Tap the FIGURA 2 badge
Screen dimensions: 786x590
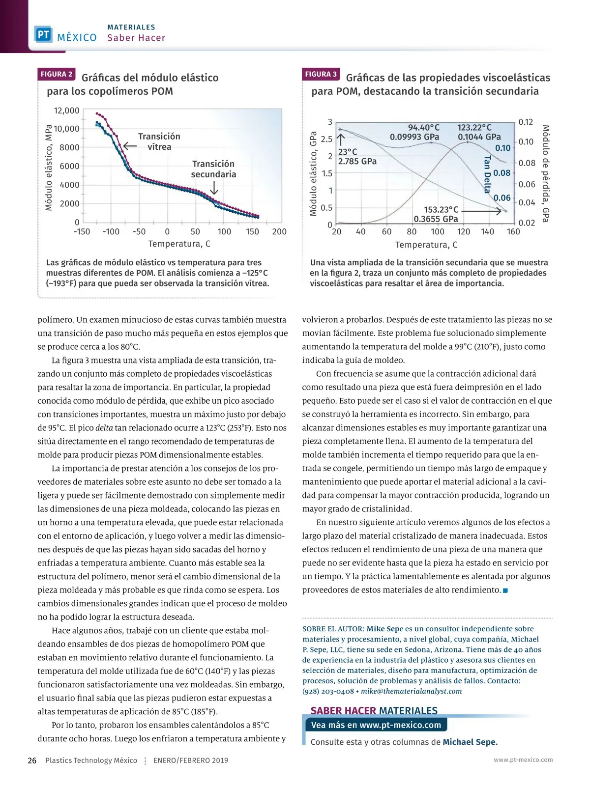click(x=57, y=74)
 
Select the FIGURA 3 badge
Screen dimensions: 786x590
click(x=321, y=74)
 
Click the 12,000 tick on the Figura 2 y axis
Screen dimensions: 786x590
click(x=66, y=111)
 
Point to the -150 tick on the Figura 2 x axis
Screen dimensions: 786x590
click(x=82, y=232)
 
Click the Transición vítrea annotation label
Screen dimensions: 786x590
click(x=159, y=141)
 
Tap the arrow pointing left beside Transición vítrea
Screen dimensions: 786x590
click(x=129, y=146)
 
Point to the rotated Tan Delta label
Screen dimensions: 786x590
click(x=487, y=174)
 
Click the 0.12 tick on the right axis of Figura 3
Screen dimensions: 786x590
click(x=526, y=122)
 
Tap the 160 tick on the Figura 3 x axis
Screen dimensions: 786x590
click(x=513, y=232)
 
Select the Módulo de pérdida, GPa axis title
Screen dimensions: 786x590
click(x=545, y=173)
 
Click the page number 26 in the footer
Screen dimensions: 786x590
click(x=32, y=760)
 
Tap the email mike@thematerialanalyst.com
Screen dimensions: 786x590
click(x=412, y=691)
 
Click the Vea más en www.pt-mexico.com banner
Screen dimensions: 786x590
click(x=376, y=725)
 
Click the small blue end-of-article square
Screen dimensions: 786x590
click(x=505, y=590)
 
